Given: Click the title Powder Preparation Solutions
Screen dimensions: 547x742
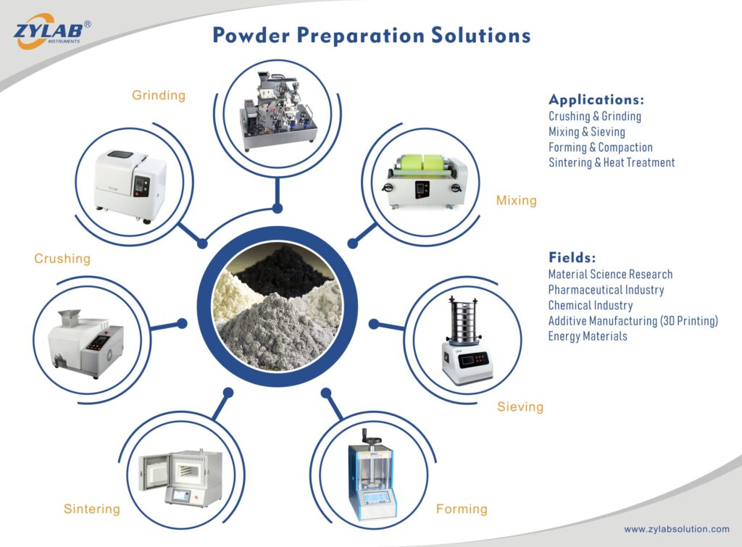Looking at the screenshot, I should point(371,36).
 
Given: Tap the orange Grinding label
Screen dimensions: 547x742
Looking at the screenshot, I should point(159,96).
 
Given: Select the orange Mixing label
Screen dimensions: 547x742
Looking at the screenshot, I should point(516,201).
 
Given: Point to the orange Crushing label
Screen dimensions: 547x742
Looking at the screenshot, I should point(62,259).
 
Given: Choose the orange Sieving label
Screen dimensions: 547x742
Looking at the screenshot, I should point(520,407).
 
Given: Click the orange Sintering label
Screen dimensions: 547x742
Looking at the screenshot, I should point(91,509).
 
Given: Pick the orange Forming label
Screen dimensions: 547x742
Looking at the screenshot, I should point(462,509).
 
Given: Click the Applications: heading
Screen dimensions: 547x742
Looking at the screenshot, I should point(596,100).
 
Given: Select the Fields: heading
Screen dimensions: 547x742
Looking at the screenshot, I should point(572,257).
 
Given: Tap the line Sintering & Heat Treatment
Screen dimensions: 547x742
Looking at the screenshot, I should point(611,163).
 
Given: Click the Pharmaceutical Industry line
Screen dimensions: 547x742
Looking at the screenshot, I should point(606,290).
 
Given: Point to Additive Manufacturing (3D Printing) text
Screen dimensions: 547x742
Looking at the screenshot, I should point(633,321).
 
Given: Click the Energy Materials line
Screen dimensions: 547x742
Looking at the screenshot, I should point(587,336).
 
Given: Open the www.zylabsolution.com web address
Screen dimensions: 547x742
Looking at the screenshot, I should point(676,530).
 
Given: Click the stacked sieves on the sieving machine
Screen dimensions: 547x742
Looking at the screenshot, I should point(464,319).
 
